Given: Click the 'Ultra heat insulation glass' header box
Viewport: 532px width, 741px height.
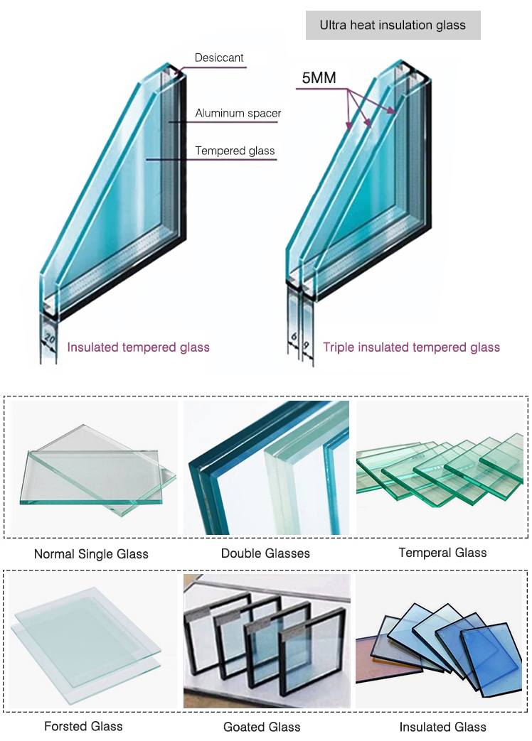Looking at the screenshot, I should point(393,26).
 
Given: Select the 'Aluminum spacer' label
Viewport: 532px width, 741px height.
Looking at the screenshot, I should point(238,113).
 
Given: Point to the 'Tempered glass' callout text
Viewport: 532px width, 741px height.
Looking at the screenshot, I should point(235,151).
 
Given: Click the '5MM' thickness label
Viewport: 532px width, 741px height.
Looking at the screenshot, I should point(319,78).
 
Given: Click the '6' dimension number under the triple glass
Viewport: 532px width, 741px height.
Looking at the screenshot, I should point(293,347).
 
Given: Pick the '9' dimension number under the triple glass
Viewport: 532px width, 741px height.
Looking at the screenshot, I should point(306,347).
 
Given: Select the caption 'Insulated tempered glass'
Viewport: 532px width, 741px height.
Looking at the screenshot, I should point(139,347).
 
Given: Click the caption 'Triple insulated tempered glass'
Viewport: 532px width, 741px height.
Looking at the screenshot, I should point(411,347).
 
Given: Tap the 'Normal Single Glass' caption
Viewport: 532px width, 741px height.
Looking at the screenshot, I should point(91,553).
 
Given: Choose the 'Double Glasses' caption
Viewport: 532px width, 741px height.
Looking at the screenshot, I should point(265,553).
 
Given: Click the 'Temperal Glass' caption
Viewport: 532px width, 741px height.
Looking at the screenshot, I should point(442,552).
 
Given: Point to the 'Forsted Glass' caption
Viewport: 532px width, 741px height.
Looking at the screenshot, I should point(83,725).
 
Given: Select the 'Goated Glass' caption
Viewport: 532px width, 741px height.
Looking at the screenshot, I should point(262,726).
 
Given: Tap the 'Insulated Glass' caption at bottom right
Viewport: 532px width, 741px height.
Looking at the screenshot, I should point(442,726).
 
